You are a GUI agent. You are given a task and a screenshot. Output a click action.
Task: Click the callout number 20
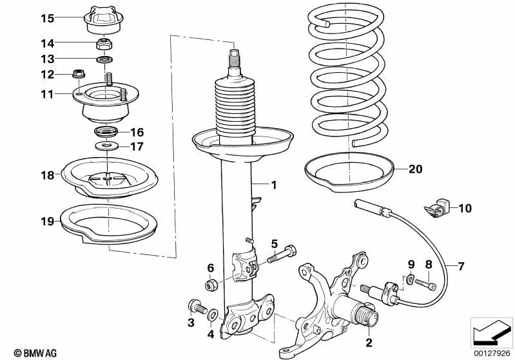[415, 169]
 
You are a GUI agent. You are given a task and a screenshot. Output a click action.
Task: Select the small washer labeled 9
[411, 279]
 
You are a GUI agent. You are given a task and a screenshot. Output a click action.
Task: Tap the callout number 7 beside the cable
[461, 265]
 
